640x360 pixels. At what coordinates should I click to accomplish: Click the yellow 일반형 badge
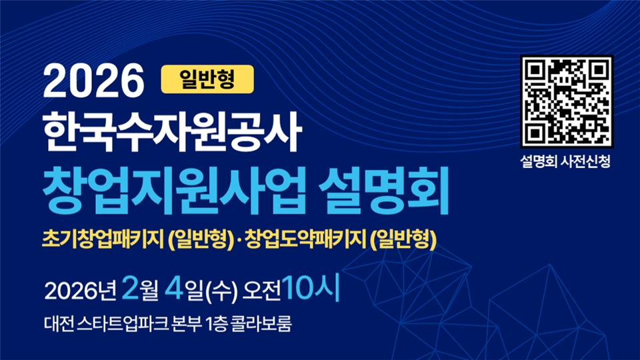point(207,79)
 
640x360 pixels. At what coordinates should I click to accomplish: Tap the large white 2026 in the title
point(94,81)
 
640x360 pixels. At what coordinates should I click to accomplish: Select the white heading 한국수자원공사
point(172,131)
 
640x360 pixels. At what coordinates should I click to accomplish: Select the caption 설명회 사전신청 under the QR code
point(565,161)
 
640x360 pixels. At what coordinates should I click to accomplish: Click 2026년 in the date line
point(81,291)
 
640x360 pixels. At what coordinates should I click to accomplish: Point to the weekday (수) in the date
point(221,292)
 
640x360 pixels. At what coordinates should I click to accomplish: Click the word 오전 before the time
point(261,291)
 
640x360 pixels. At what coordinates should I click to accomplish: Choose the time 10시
point(311,288)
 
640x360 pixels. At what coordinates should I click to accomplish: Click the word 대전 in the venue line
point(59,324)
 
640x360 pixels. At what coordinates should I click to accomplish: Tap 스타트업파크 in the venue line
point(123,324)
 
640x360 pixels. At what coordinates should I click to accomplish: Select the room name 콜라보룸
point(261,324)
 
